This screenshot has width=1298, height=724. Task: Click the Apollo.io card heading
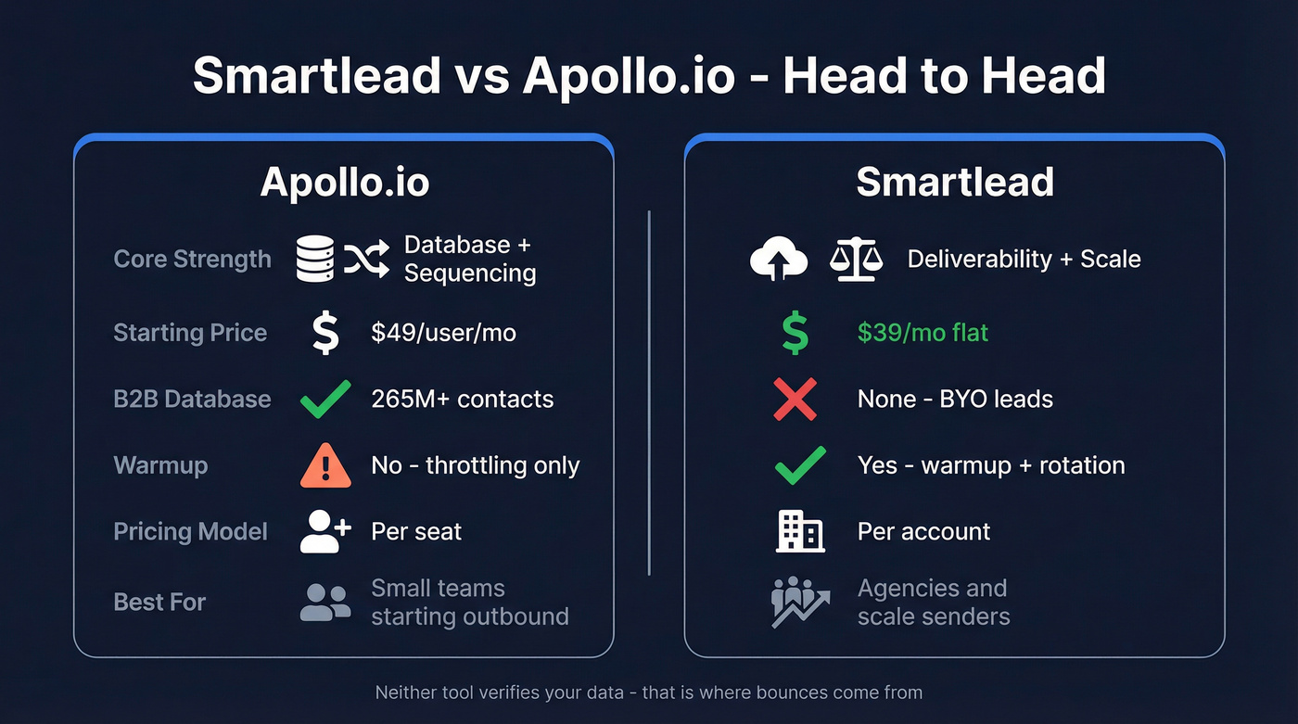(344, 182)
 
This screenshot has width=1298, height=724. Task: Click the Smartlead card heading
(954, 182)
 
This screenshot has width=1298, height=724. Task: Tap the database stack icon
(315, 259)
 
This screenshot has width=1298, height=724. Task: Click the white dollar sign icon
(325, 333)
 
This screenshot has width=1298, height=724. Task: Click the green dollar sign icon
(795, 333)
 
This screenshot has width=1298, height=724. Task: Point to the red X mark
(795, 400)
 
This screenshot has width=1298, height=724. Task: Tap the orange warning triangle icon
(325, 464)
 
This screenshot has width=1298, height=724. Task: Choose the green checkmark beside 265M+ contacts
(325, 400)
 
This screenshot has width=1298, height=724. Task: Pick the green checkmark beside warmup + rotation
(799, 464)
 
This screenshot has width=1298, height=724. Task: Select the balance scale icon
(853, 259)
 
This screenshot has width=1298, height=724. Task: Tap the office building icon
(799, 531)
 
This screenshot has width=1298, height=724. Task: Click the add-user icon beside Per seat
(325, 531)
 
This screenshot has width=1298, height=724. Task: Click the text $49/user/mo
(443, 333)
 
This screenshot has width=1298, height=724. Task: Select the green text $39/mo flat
(923, 333)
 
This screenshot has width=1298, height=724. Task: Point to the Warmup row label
(160, 465)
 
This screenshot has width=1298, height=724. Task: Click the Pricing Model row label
(190, 532)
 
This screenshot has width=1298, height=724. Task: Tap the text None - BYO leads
(955, 400)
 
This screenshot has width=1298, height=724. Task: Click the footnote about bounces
(649, 692)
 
